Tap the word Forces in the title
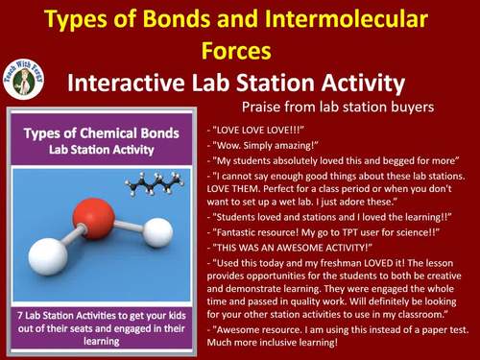pos(239,48)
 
